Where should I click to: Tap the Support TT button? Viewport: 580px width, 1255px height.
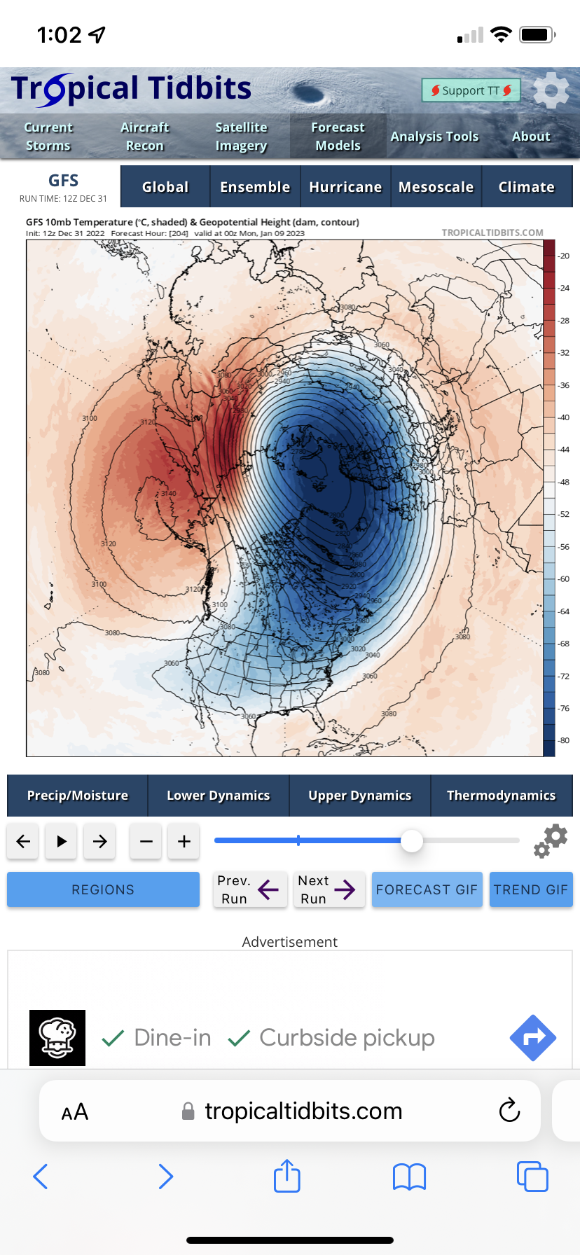click(471, 90)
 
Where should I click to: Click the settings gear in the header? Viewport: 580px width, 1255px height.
click(551, 90)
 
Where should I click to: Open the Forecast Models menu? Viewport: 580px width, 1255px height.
click(338, 137)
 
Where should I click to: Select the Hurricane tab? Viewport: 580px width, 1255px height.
click(345, 187)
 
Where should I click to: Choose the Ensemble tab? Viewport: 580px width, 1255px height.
click(255, 187)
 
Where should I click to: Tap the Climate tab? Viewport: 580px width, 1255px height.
click(526, 187)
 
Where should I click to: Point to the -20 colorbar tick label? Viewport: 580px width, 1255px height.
click(564, 256)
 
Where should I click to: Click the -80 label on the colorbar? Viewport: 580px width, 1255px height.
click(564, 741)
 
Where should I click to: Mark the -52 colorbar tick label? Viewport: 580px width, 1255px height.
click(564, 515)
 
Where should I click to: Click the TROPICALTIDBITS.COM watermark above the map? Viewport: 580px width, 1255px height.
click(492, 233)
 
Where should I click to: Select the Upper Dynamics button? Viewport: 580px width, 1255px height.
click(360, 796)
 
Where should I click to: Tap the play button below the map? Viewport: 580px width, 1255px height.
click(62, 841)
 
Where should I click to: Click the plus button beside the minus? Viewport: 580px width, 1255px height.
click(184, 841)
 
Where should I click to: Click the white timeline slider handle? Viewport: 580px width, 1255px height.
click(412, 840)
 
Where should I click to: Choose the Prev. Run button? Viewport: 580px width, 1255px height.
click(250, 889)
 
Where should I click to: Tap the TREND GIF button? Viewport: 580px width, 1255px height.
click(531, 889)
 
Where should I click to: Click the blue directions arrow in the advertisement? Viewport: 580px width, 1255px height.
click(533, 1037)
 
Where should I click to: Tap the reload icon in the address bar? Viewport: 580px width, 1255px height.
click(509, 1111)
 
